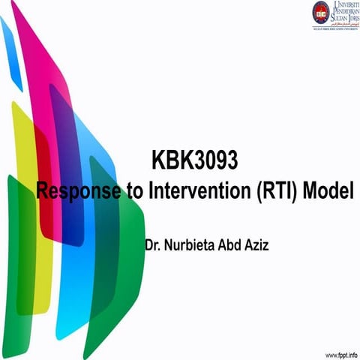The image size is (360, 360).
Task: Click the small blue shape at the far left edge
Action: tap(9, 52)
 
